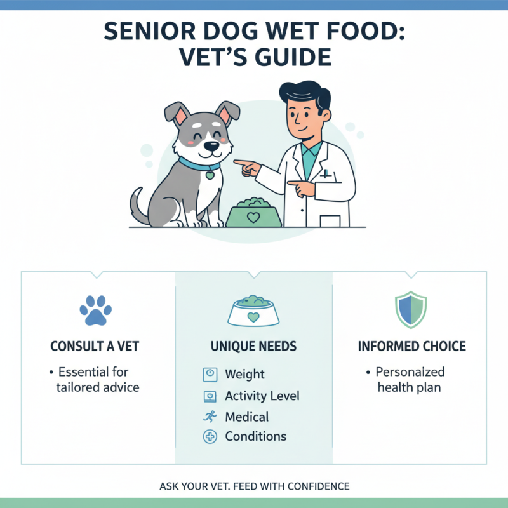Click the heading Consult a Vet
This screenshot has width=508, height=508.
(95, 347)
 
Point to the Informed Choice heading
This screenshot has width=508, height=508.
(411, 347)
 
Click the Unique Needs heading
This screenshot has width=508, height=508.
(254, 347)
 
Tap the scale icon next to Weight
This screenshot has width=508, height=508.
(210, 375)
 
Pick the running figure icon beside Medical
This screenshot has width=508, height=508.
(210, 417)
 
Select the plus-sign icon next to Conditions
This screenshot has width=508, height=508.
(210, 436)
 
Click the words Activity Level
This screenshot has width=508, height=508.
(262, 396)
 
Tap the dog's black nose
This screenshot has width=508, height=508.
(210, 146)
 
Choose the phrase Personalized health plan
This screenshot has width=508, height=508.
(410, 379)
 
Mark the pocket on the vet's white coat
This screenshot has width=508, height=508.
(331, 219)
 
